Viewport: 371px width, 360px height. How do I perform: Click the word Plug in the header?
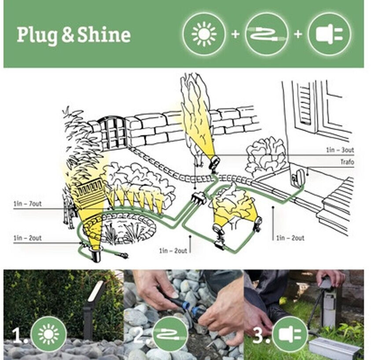coord(37,36)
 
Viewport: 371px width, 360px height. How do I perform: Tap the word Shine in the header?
coord(104,35)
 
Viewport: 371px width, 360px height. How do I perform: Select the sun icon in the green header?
coord(204,34)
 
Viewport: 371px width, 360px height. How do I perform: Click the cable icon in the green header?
coord(266,34)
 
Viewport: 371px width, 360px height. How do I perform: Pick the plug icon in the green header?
coord(329,34)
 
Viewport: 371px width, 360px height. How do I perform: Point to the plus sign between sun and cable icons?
coord(235,34)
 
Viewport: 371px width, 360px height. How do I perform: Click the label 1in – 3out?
coord(340,150)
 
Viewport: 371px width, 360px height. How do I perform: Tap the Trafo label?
coord(347,162)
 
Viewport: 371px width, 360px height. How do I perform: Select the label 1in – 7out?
coord(27,204)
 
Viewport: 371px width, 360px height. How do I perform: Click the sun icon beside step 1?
coord(48,334)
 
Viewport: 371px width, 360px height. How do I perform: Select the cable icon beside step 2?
coord(170,334)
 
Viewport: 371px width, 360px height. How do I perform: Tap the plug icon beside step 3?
coord(290,334)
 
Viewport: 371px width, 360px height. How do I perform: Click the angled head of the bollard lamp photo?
coord(96,291)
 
